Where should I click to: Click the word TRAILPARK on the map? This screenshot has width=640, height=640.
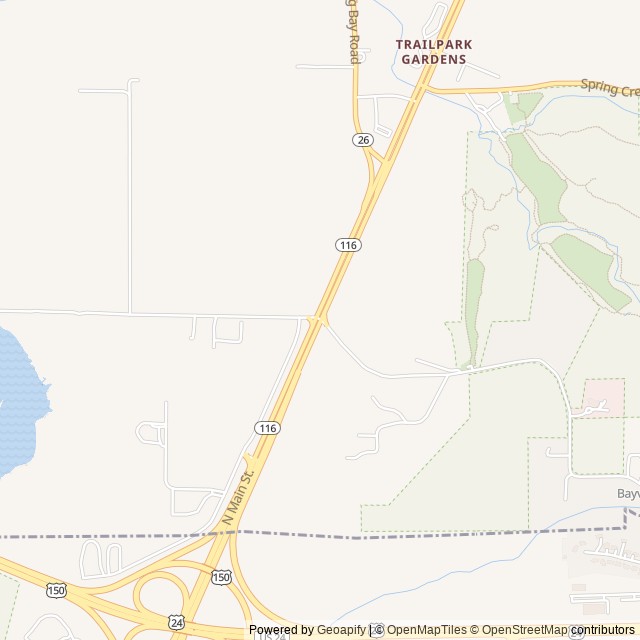coord(434,45)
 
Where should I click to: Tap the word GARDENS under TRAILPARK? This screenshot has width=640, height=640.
coord(434,60)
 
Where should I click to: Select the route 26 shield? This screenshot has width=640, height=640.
coord(362,139)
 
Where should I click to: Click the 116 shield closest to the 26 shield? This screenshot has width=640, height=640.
coord(348,244)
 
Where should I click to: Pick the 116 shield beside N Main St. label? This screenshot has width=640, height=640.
coord(267,428)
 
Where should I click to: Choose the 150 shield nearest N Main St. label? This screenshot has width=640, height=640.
coord(221,577)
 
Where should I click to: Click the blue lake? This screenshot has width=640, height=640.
coord(18,400)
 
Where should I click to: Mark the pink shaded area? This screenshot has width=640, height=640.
coord(603,397)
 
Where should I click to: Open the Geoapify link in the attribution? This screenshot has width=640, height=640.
coord(342,630)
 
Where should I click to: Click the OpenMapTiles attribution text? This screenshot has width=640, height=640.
coord(427,630)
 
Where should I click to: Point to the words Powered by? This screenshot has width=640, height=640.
coord(281,630)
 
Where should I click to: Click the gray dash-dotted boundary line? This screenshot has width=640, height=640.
coord(400,536)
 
